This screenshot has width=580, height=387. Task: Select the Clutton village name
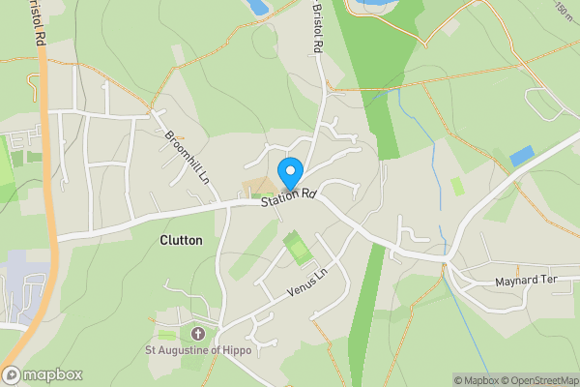(x=181, y=240)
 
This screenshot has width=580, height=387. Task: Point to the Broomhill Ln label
(x=188, y=159)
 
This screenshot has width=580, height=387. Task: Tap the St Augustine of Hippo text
(x=197, y=350)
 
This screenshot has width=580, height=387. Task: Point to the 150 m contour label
(x=563, y=11)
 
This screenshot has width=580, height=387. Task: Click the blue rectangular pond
(x=521, y=156)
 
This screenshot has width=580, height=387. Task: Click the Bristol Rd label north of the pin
(x=317, y=26)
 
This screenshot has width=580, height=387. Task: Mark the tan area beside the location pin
(x=259, y=187)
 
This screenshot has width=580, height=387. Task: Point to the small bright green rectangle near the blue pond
(x=457, y=185)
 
